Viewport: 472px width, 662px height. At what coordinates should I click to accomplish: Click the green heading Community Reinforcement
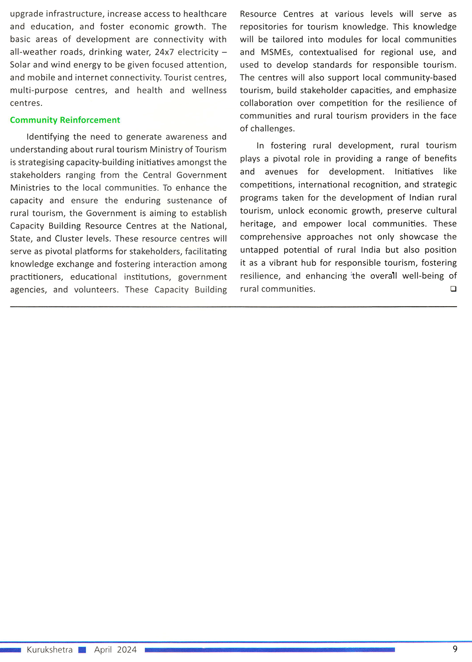[x=65, y=120]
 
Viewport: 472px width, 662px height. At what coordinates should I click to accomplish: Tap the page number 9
[x=455, y=649]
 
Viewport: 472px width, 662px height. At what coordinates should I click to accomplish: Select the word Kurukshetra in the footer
[x=50, y=650]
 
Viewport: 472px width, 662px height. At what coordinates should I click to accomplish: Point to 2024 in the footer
[x=126, y=650]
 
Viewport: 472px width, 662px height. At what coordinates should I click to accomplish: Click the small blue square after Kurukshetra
[x=82, y=650]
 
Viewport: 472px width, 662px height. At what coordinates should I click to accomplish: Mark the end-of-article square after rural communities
[x=453, y=289]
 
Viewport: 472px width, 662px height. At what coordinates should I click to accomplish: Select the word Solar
[x=20, y=65]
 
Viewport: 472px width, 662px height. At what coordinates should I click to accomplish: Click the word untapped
[x=259, y=250]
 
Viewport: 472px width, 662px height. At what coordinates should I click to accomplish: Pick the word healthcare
[x=201, y=14]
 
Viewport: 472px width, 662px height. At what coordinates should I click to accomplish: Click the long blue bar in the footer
[x=270, y=650]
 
